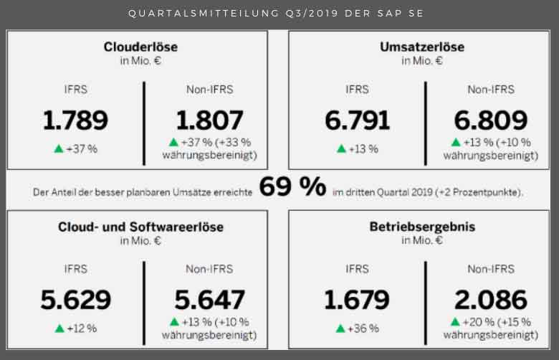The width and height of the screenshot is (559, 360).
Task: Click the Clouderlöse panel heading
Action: pyautogui.click(x=140, y=47)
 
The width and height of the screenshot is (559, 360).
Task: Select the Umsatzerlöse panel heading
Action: pyautogui.click(x=422, y=47)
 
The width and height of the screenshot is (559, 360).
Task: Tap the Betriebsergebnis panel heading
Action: pyautogui.click(x=422, y=227)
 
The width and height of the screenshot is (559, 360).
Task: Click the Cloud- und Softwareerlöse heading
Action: pyautogui.click(x=140, y=227)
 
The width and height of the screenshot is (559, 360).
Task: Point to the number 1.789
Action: pyautogui.click(x=75, y=120)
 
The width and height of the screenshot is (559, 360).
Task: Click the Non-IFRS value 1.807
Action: pyautogui.click(x=209, y=120)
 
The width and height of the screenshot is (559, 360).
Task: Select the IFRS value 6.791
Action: pyautogui.click(x=357, y=120)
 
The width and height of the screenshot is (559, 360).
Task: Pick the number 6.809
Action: pyautogui.click(x=491, y=120)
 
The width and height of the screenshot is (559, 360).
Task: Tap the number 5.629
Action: pyautogui.click(x=75, y=300)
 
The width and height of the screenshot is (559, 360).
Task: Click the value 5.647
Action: pyautogui.click(x=209, y=300)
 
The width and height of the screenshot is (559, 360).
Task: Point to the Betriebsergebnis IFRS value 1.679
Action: pyautogui.click(x=357, y=300)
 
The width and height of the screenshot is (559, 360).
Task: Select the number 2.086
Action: pyautogui.click(x=491, y=300)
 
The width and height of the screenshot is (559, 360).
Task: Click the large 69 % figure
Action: pyautogui.click(x=292, y=188)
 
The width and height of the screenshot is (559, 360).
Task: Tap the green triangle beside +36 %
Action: pyautogui.click(x=340, y=328)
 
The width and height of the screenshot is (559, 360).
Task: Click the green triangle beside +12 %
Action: pyautogui.click(x=59, y=328)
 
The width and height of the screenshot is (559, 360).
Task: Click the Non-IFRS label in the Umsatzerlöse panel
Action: pyautogui.click(x=491, y=90)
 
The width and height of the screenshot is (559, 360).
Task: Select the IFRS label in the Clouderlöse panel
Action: pyautogui.click(x=75, y=90)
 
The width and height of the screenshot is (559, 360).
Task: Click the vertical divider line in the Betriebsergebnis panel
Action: pyautogui.click(x=425, y=301)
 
